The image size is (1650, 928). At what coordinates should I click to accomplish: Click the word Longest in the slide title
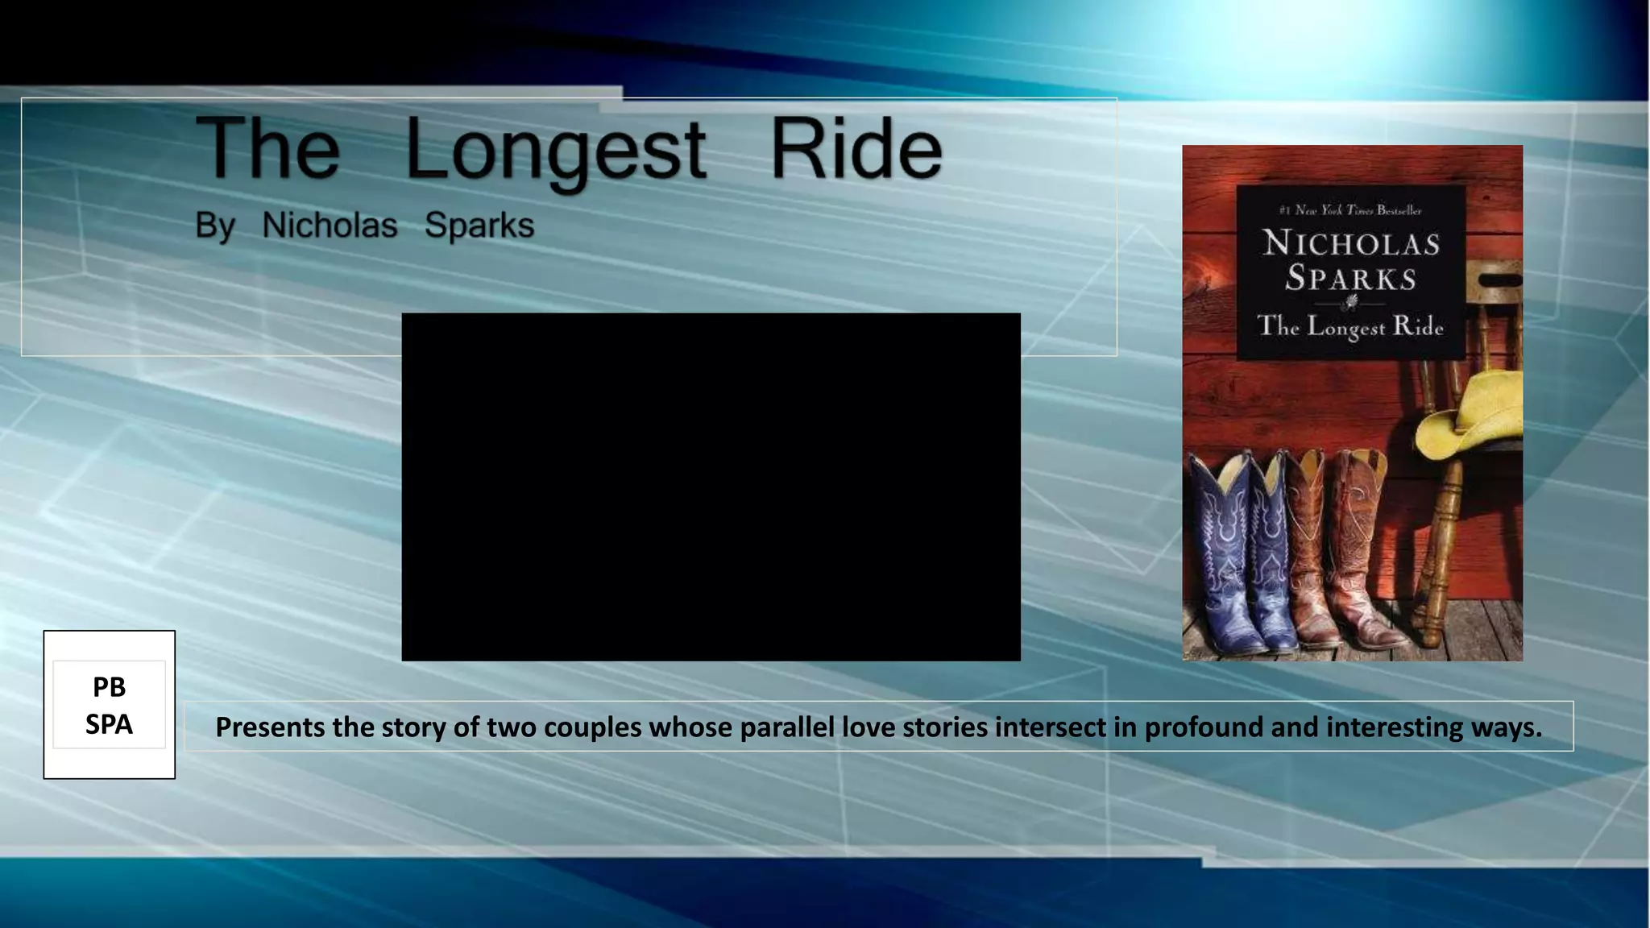tap(555, 151)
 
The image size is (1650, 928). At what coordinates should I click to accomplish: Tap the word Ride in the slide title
tap(856, 148)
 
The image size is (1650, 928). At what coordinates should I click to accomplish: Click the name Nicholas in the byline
tap(330, 226)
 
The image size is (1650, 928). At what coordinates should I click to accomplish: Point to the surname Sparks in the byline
tap(479, 226)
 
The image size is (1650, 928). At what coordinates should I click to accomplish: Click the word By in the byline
tap(214, 226)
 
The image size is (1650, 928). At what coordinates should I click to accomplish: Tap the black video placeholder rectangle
tap(711, 487)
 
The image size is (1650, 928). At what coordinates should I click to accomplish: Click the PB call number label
tap(109, 687)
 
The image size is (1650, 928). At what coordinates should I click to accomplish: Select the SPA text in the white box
tap(109, 724)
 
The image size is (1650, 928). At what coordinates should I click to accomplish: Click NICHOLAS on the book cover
tap(1351, 243)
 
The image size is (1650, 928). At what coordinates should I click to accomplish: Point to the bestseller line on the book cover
tap(1350, 210)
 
